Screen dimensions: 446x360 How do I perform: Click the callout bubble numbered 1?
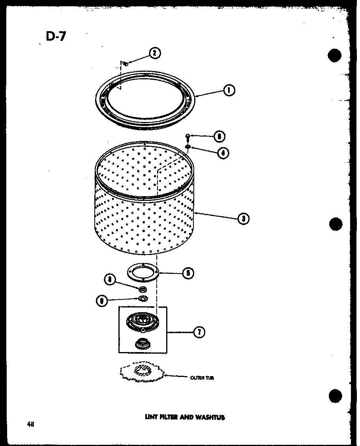pyautogui.click(x=229, y=90)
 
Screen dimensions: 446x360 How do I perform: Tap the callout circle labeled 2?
pyautogui.click(x=155, y=53)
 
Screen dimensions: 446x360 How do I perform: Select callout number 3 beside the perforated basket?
pyautogui.click(x=243, y=218)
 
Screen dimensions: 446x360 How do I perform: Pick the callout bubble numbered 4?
pyautogui.click(x=223, y=152)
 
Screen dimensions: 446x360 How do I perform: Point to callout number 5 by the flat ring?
pyautogui.click(x=188, y=272)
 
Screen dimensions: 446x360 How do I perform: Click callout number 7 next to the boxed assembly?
pyautogui.click(x=199, y=333)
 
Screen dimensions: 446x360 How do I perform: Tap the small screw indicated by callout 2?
pyautogui.click(x=124, y=62)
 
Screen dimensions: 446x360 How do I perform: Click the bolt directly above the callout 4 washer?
pyautogui.click(x=188, y=138)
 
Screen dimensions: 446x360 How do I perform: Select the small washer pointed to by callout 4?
pyautogui.click(x=188, y=147)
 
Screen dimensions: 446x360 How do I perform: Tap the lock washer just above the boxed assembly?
pyautogui.click(x=143, y=298)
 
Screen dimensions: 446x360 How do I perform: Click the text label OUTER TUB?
pyautogui.click(x=202, y=378)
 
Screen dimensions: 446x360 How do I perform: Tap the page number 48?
pyautogui.click(x=30, y=424)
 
